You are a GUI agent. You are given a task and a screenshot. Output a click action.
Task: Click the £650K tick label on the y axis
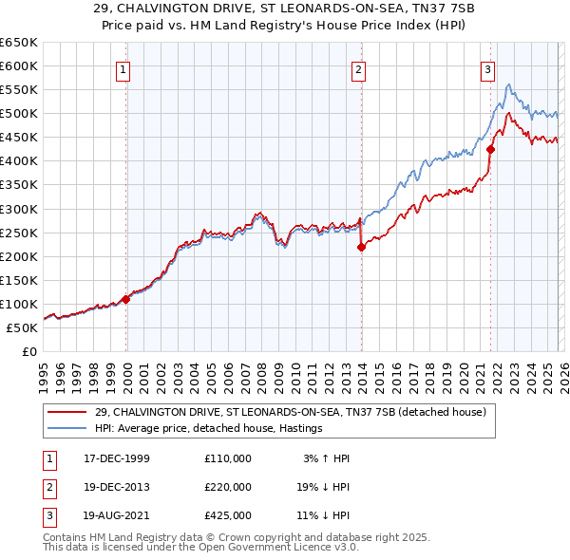19,43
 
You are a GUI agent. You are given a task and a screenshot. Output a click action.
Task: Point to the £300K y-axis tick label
19,209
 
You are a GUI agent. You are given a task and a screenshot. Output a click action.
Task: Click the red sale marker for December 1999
126,299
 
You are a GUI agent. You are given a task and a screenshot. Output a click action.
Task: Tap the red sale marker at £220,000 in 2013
361,247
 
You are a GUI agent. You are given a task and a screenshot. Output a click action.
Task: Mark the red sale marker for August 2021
490,149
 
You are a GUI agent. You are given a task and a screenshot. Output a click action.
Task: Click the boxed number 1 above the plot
124,68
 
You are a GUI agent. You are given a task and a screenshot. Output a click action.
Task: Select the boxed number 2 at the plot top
359,68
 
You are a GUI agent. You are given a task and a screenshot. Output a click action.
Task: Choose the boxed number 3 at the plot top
487,68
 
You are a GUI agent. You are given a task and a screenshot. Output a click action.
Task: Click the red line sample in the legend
67,412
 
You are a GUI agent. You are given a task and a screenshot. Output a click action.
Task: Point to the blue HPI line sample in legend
67,428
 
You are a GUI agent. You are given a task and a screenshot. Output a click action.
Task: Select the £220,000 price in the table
228,487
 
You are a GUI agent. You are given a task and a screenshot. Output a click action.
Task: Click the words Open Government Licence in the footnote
281,548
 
